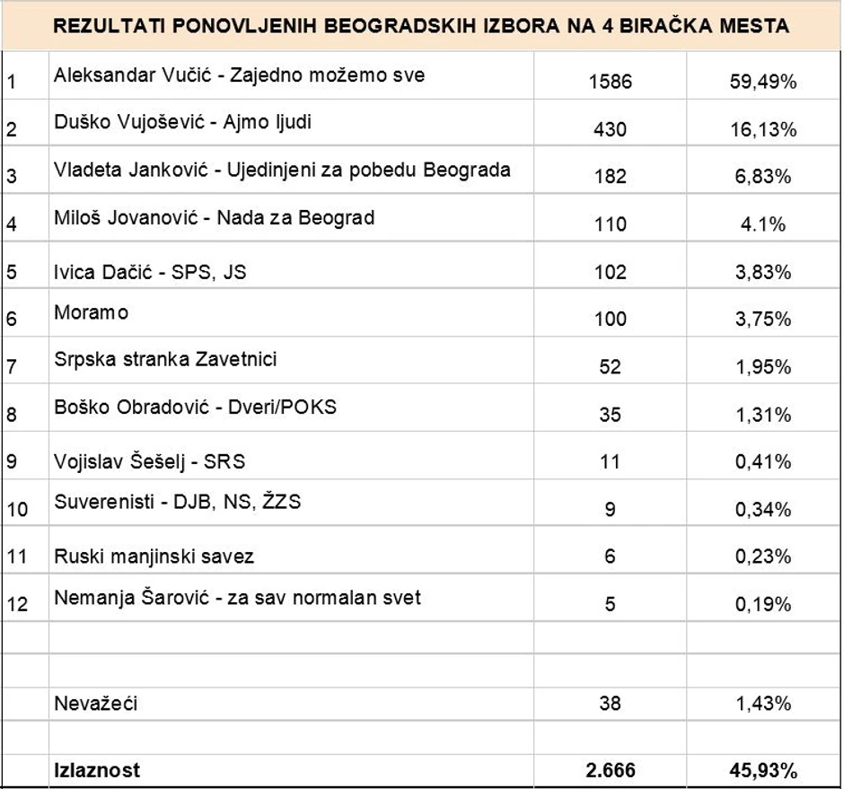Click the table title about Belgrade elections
[422, 25]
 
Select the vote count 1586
[611, 82]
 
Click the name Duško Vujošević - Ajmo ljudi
[183, 122]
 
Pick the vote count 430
[611, 129]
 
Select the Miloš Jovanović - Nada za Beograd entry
[214, 217]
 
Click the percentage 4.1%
[763, 224]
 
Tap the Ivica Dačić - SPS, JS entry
[150, 271]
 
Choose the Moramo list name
[91, 312]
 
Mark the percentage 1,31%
[763, 415]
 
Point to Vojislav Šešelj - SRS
[149, 462]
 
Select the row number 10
[17, 510]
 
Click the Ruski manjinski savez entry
[154, 557]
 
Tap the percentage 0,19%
[763, 604]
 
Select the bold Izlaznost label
[97, 770]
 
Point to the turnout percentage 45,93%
[763, 770]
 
